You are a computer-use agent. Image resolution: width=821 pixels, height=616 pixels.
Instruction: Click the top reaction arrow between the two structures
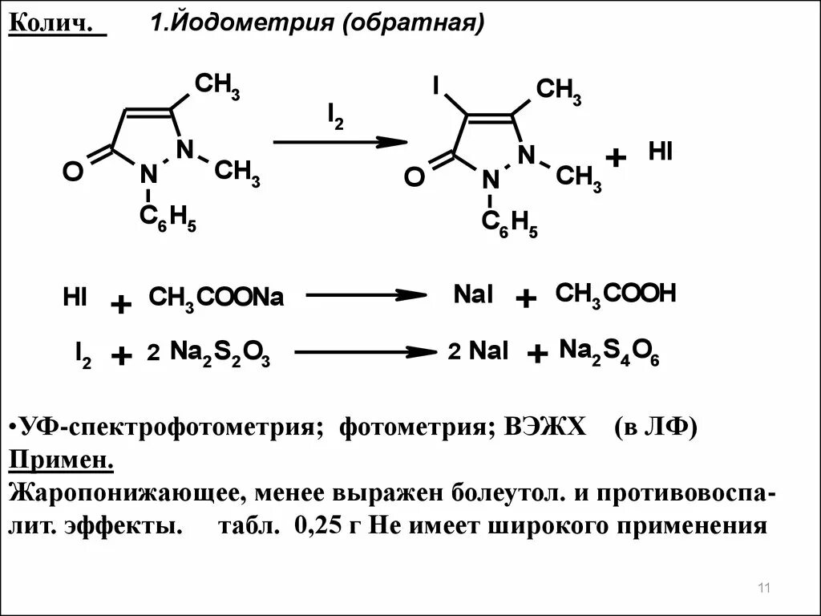340,142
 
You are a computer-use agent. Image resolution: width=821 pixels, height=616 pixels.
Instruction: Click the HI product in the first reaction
661,152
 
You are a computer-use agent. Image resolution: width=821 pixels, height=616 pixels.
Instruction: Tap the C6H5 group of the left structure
168,219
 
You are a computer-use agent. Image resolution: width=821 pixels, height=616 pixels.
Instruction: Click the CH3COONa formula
216,298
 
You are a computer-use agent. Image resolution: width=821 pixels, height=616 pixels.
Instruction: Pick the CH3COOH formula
616,294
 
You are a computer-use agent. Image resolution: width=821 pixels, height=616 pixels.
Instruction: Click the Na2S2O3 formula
220,352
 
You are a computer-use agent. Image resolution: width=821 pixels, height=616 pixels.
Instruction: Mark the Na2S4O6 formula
609,351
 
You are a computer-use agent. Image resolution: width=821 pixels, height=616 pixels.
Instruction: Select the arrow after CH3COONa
366,295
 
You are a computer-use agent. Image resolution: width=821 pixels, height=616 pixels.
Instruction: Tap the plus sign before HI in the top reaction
615,158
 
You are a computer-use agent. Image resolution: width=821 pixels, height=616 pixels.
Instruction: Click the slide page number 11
763,590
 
